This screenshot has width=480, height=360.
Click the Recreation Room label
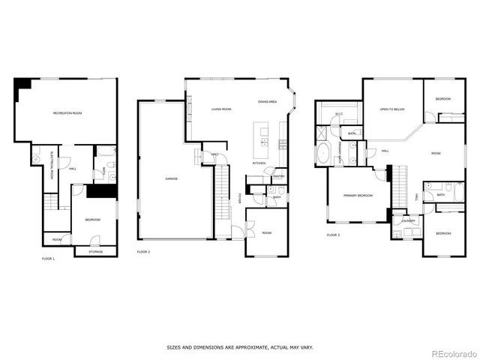(x=67, y=112)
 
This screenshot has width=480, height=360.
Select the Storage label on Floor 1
(x=95, y=251)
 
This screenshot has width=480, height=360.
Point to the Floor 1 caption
(x=48, y=259)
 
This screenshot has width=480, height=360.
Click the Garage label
(x=171, y=178)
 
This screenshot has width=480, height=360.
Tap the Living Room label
(x=220, y=109)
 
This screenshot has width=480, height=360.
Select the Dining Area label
(x=268, y=101)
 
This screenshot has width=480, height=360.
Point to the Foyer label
(x=240, y=199)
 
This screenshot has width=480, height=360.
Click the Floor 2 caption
(x=143, y=251)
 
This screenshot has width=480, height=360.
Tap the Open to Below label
(x=392, y=109)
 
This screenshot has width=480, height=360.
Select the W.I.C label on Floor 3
(x=339, y=114)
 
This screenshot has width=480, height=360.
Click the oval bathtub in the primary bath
(x=323, y=154)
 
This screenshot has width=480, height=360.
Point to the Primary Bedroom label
(x=358, y=195)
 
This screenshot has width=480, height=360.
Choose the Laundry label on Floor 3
(x=408, y=220)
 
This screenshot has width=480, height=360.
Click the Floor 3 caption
(x=333, y=235)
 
